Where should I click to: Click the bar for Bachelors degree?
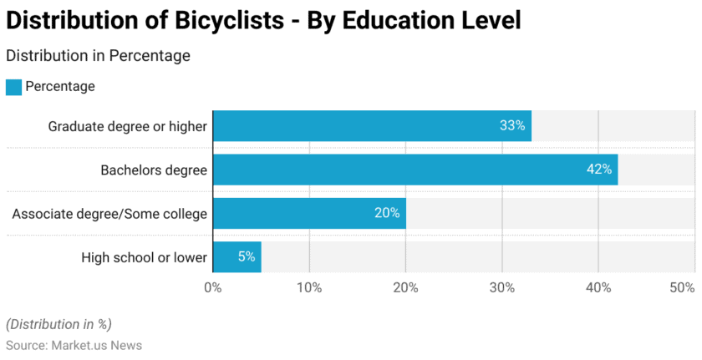point(415,170)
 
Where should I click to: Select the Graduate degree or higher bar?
point(372,126)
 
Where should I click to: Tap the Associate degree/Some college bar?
point(309,213)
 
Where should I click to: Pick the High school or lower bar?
point(237,256)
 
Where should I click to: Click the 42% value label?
point(599,170)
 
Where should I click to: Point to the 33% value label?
point(512,126)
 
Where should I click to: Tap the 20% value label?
point(387,213)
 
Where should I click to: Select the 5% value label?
point(247,256)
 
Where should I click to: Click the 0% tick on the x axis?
point(213,287)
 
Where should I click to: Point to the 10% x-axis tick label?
point(309,287)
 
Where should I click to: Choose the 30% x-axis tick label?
point(501,287)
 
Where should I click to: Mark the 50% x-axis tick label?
point(682,287)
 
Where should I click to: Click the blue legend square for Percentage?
point(13,87)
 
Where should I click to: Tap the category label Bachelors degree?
point(154,170)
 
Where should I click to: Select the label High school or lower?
point(144,257)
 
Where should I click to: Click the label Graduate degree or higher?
point(127,127)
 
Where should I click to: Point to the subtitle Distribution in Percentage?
point(98,56)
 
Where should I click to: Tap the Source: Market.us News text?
point(74,345)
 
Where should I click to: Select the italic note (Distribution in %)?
point(58,324)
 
